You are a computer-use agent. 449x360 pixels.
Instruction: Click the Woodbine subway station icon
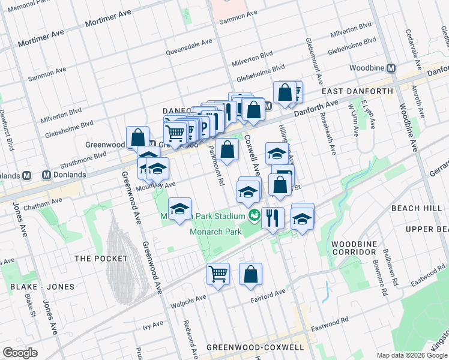[391, 68]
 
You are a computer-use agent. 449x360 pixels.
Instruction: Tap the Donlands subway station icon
[46, 175]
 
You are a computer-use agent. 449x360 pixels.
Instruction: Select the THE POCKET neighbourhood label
[101, 258]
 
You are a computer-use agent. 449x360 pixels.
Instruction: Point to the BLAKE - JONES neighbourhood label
[42, 287]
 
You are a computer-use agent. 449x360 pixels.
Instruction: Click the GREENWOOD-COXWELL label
[255, 347]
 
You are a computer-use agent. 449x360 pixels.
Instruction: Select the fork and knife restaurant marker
[273, 218]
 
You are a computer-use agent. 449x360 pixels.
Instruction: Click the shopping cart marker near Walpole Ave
[218, 274]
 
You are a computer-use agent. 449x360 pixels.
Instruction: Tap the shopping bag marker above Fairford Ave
[250, 274]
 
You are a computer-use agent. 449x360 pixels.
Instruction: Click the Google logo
[20, 353]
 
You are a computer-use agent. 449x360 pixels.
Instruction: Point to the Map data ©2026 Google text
[411, 355]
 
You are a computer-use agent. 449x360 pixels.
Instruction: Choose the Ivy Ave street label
[153, 324]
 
